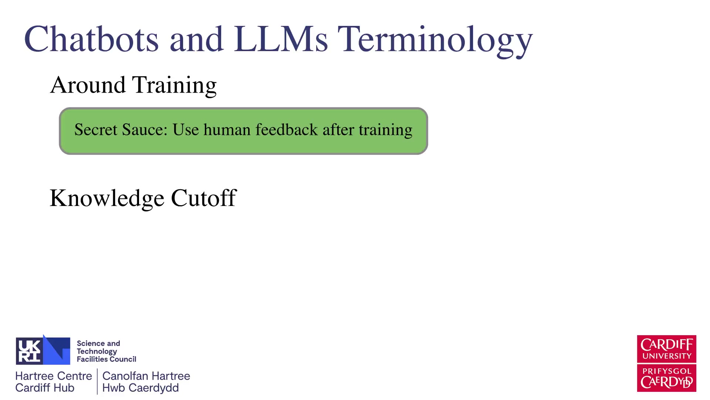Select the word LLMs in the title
tap(281, 39)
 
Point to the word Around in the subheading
tap(88, 85)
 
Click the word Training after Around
tap(175, 86)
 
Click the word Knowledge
tap(107, 199)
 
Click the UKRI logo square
tap(43, 350)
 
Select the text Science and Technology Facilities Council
tap(106, 351)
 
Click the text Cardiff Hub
tap(45, 388)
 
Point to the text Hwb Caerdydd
tap(141, 388)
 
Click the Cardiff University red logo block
tap(666, 349)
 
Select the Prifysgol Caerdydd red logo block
tap(666, 378)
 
